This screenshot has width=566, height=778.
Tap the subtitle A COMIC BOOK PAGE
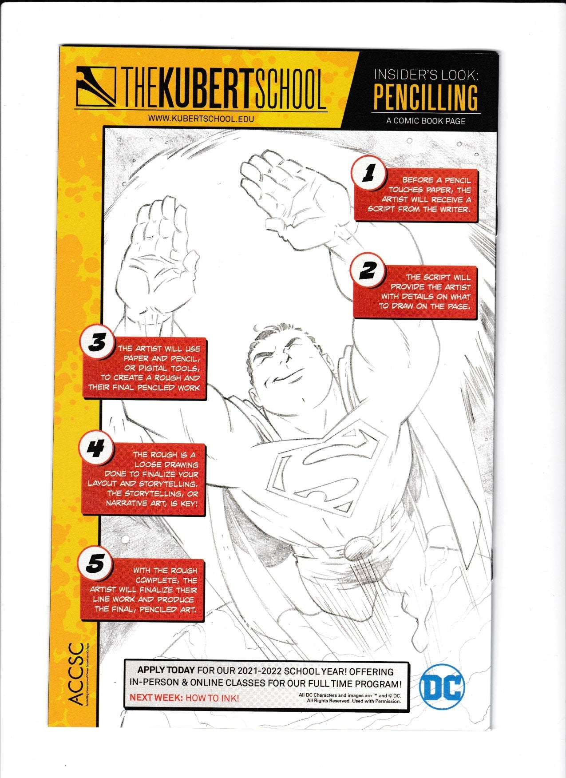pyautogui.click(x=426, y=121)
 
